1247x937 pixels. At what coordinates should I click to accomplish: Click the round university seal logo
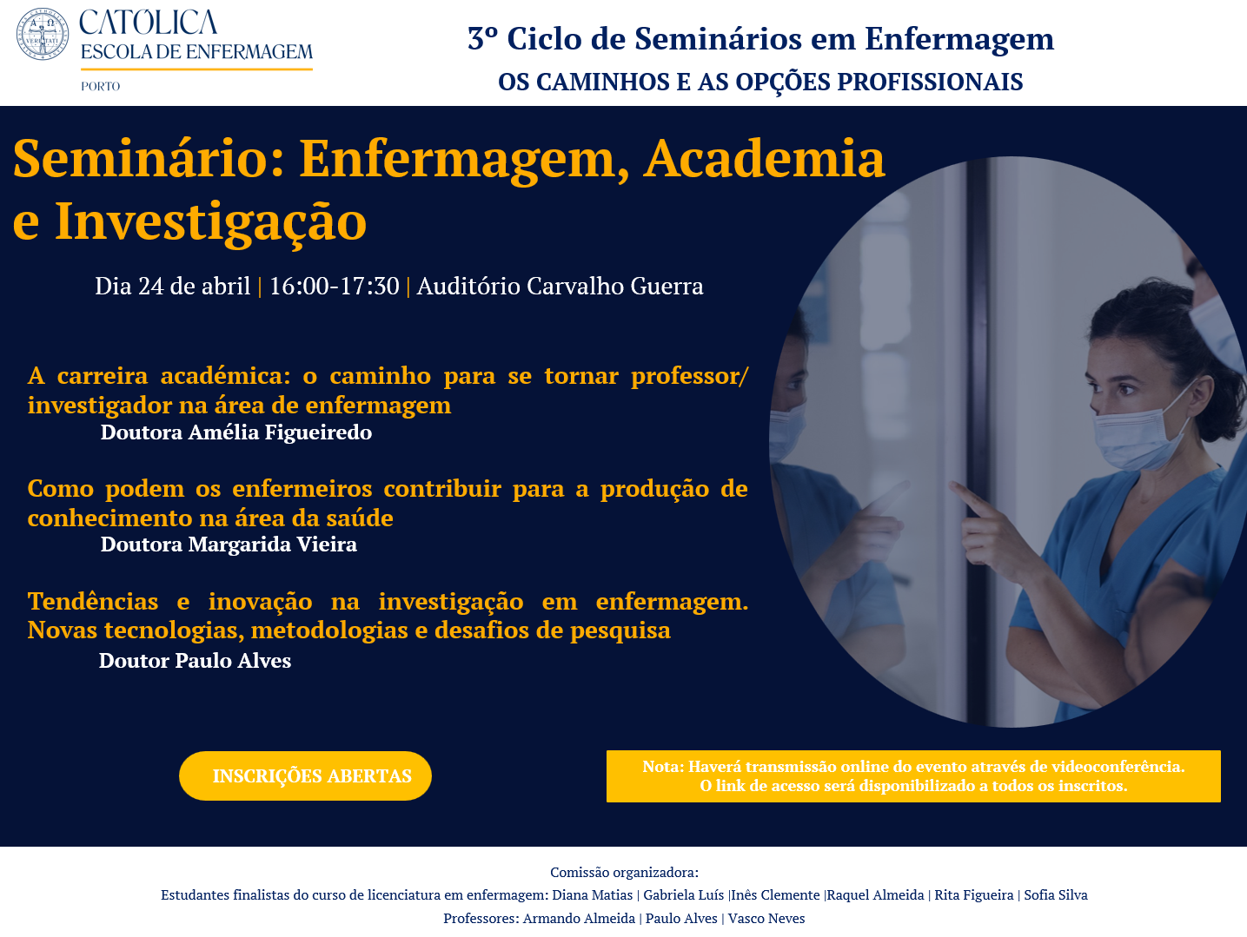pyautogui.click(x=43, y=34)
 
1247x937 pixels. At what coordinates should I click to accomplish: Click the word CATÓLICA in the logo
pyautogui.click(x=149, y=22)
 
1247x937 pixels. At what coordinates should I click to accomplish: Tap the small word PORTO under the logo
pyautogui.click(x=101, y=86)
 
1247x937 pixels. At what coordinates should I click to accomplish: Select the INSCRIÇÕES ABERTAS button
pyautogui.click(x=305, y=775)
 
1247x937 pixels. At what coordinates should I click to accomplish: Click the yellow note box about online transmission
pyautogui.click(x=913, y=775)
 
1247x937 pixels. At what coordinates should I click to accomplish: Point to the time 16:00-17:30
pyautogui.click(x=334, y=286)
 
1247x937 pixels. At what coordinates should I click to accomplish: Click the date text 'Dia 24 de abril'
pyautogui.click(x=173, y=286)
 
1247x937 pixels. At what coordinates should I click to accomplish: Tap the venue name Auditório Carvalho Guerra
pyautogui.click(x=560, y=286)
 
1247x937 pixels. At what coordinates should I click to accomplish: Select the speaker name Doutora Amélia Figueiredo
pyautogui.click(x=236, y=432)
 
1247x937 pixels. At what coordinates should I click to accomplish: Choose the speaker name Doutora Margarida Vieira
pyautogui.click(x=229, y=544)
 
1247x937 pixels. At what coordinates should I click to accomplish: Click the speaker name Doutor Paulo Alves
pyautogui.click(x=195, y=661)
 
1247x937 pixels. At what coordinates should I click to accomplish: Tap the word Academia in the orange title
pyautogui.click(x=764, y=159)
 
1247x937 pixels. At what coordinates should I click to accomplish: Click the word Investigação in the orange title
pyautogui.click(x=211, y=222)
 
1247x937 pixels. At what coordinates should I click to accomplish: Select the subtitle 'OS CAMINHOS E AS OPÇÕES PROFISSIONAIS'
pyautogui.click(x=760, y=82)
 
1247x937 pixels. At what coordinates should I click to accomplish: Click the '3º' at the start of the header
pyautogui.click(x=483, y=38)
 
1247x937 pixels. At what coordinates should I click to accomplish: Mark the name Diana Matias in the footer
pyautogui.click(x=592, y=895)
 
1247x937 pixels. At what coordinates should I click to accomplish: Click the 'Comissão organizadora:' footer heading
pyautogui.click(x=624, y=872)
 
